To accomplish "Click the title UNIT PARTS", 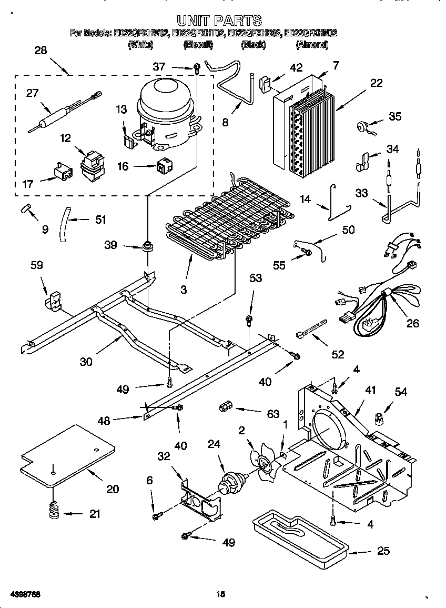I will tap(219, 21).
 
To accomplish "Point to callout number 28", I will tap(40, 51).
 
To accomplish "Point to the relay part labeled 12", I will tap(92, 163).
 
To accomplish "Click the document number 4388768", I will tap(25, 594).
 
